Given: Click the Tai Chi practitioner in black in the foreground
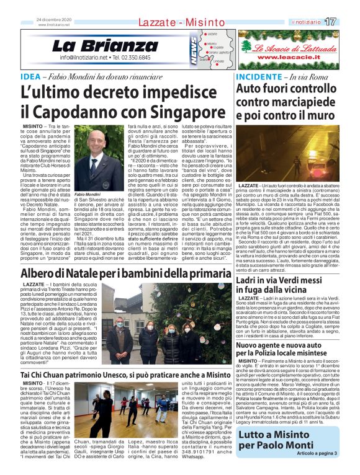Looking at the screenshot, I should (x=132, y=410).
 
